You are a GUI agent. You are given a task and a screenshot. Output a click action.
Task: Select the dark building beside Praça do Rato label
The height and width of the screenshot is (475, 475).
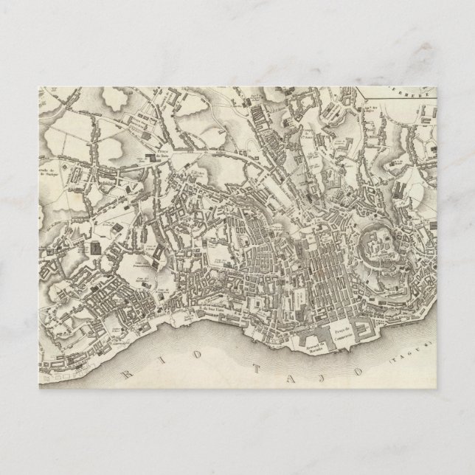(x=153, y=157)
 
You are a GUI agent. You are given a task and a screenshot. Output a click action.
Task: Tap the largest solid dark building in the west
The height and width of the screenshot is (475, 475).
(x=96, y=248)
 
